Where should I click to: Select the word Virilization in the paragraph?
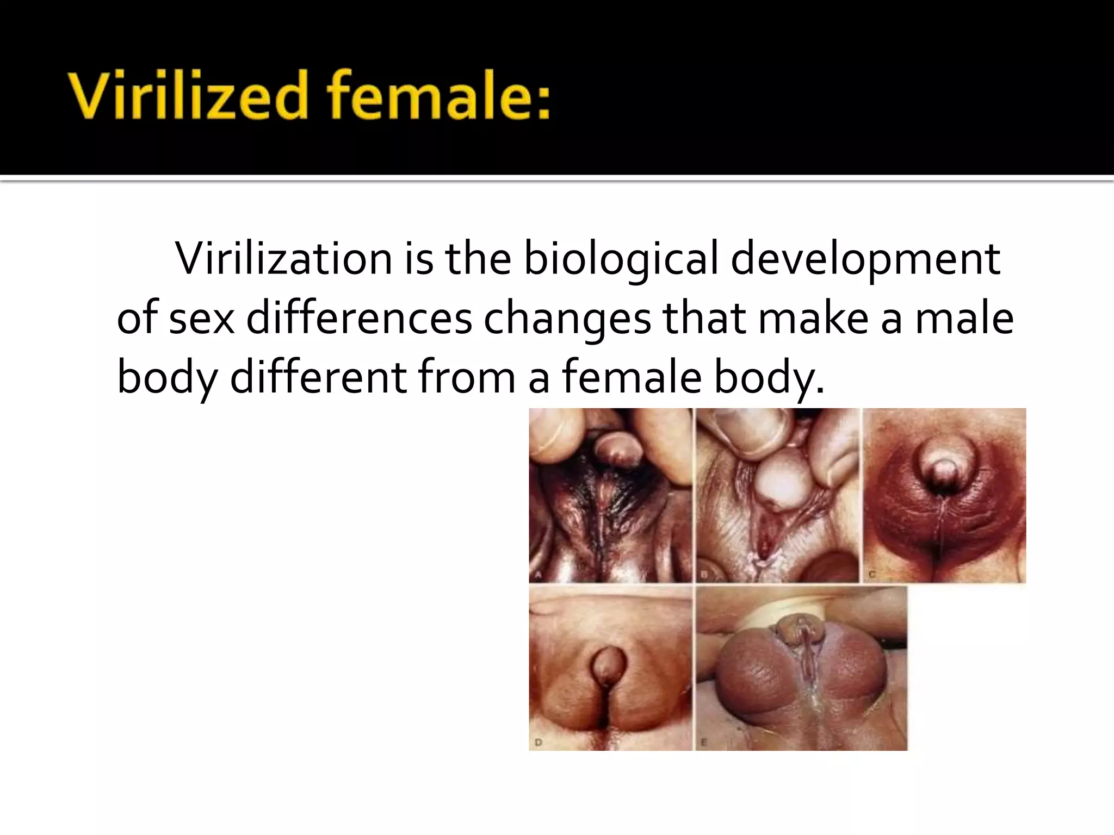[283, 259]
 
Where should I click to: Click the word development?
[865, 259]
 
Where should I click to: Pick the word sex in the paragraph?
[202, 319]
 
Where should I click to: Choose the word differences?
[360, 319]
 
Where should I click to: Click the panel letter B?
[704, 575]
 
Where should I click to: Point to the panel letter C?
[871, 575]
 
